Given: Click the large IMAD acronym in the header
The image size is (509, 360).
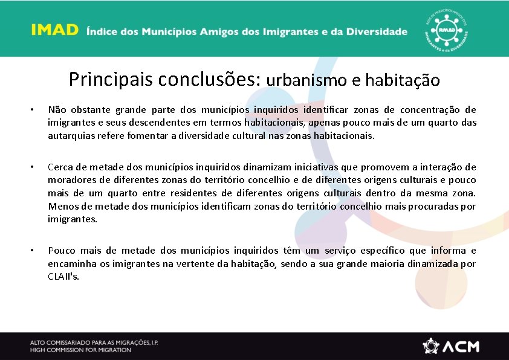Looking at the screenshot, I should [x=55, y=31].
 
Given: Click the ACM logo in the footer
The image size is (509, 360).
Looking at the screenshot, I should [x=451, y=346].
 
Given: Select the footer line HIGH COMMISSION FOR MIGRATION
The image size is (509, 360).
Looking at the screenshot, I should [x=80, y=350].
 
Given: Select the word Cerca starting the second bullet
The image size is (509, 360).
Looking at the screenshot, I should [x=60, y=167].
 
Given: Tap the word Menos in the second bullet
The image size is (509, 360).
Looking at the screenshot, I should [x=61, y=206].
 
